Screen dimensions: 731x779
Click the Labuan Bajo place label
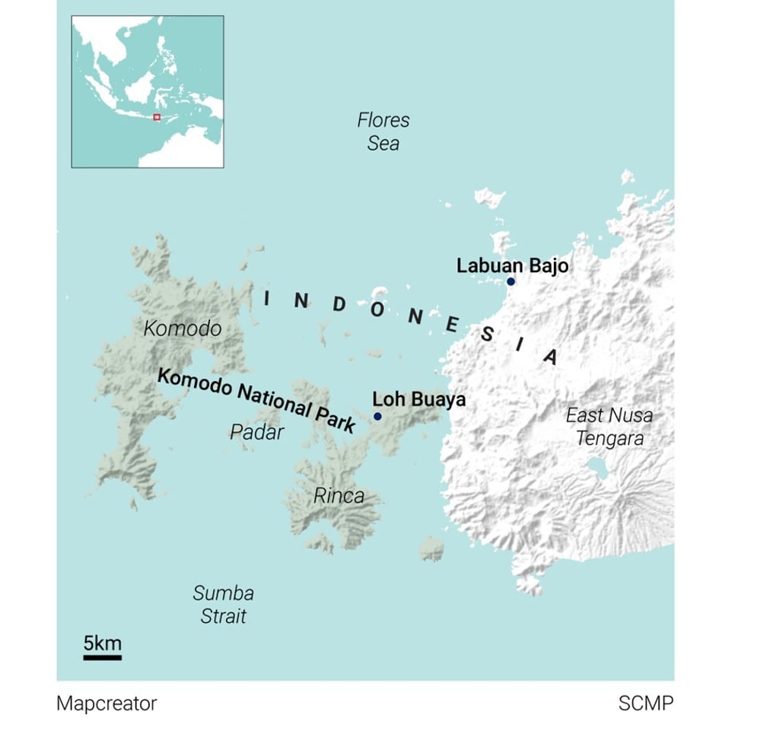(512, 266)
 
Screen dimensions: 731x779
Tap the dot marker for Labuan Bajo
(510, 282)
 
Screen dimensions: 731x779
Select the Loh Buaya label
(418, 399)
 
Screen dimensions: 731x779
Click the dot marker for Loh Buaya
(377, 417)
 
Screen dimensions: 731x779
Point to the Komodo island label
(183, 329)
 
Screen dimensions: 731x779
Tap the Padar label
(257, 432)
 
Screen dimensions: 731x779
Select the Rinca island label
(339, 496)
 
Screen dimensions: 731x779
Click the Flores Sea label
(383, 132)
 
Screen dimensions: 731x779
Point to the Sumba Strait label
(223, 605)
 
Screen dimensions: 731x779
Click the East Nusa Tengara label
(609, 427)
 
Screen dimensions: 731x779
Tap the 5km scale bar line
(102, 656)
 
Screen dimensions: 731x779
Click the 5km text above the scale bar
(102, 643)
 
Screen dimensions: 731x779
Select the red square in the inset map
(156, 117)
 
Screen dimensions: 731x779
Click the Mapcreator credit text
(107, 704)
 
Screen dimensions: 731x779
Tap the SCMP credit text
(645, 704)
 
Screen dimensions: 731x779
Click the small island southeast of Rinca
(432, 548)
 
